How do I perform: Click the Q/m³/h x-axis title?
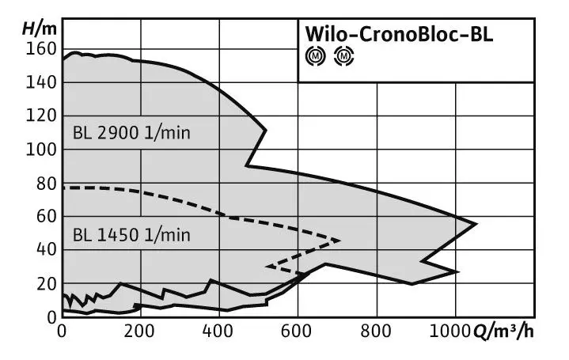506,332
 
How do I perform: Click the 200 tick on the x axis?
140,332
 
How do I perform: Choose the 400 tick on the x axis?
219,332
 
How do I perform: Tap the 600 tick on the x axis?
298,332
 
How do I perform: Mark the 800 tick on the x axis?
376,332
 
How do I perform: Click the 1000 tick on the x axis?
451,332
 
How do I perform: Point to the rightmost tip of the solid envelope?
476,223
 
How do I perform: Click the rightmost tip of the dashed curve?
340,240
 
